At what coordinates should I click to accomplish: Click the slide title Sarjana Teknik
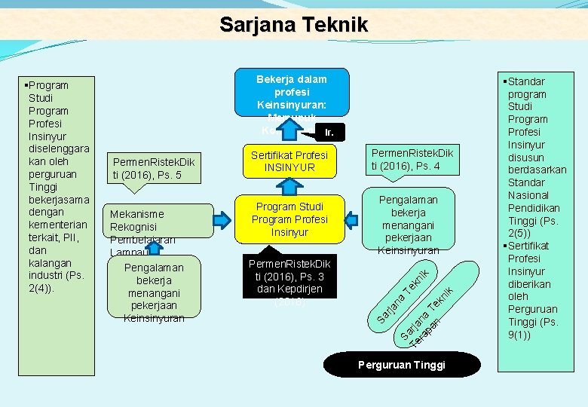click(293, 24)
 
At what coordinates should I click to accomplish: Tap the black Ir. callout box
click(328, 133)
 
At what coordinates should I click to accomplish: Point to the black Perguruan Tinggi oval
click(401, 364)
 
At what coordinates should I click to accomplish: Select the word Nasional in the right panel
click(528, 195)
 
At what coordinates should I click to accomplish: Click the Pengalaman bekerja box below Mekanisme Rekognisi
click(153, 292)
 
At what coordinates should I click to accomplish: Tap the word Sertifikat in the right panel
click(530, 246)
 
